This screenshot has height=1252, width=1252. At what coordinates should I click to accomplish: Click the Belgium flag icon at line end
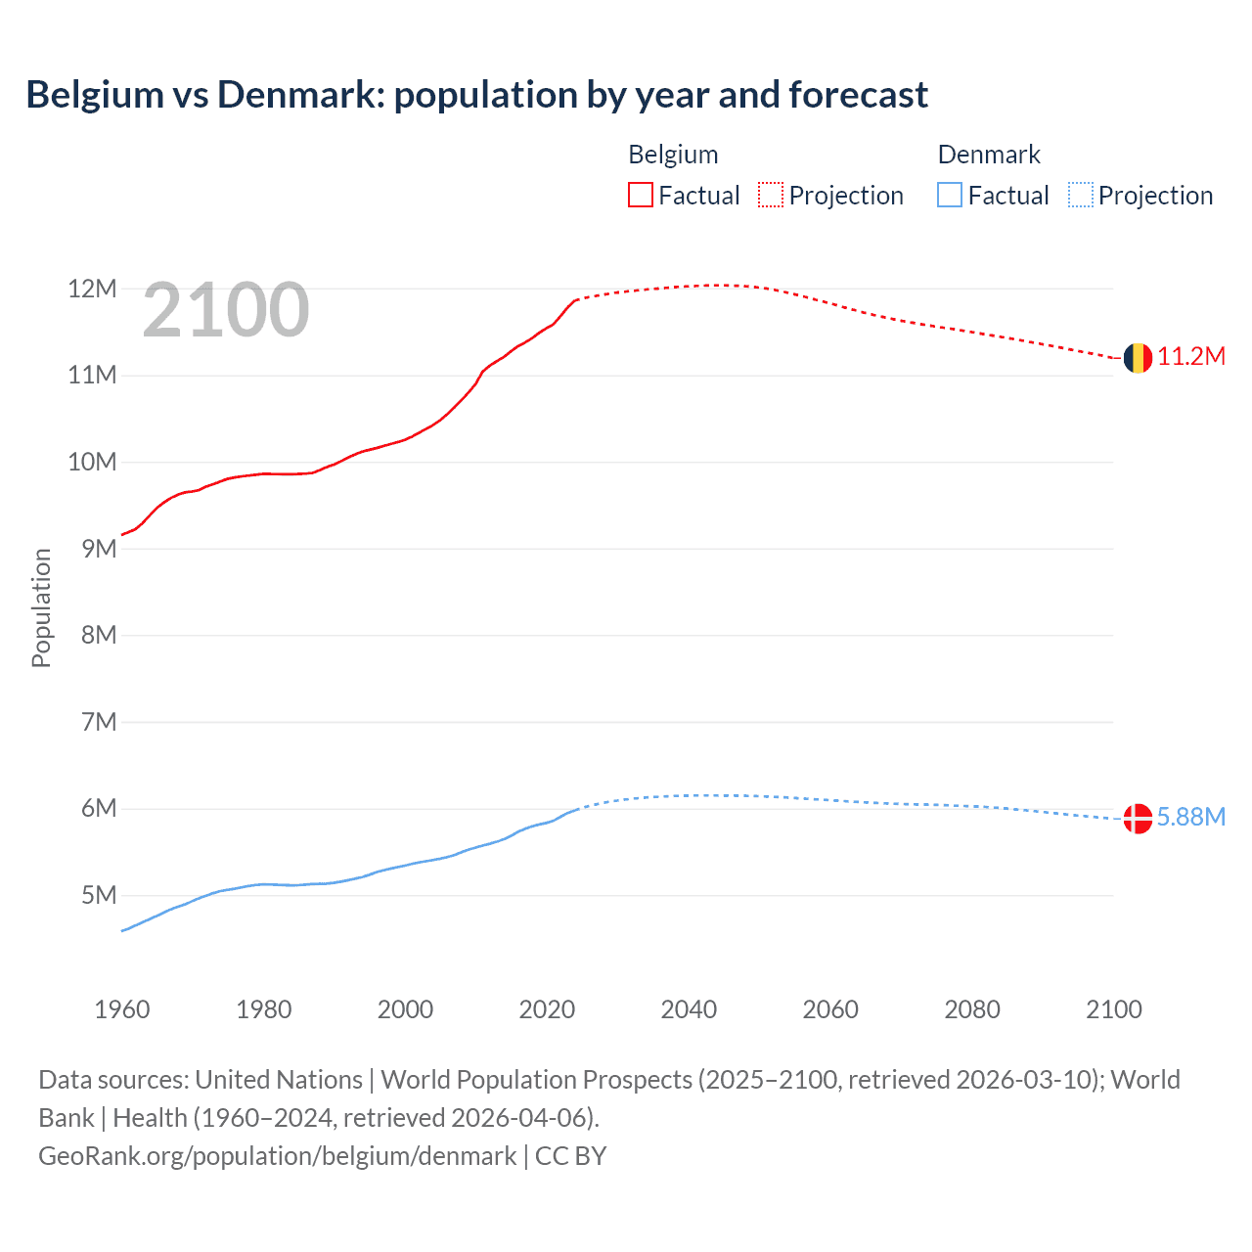pos(1138,358)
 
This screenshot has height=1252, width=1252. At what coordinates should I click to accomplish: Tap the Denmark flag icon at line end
pos(1138,818)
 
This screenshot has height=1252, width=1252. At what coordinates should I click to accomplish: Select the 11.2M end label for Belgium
pos(1191,357)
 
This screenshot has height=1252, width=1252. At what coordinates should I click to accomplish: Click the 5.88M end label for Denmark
pos(1191,818)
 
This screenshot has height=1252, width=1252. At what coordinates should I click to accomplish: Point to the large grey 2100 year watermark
pos(226,311)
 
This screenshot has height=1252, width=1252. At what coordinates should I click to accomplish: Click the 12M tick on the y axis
pos(92,290)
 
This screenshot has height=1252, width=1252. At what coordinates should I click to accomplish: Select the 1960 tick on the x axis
pos(122,1009)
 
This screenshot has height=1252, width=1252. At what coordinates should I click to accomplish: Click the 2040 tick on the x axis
pos(689,1009)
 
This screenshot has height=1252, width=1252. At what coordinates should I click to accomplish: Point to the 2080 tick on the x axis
pos(972,1009)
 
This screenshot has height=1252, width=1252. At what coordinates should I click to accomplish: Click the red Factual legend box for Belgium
pos(641,196)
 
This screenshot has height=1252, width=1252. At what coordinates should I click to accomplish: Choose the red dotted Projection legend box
pos(771,196)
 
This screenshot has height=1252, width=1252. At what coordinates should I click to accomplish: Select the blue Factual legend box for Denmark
pos(950,196)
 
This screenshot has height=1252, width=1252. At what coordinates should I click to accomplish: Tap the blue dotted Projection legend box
pos(1080,196)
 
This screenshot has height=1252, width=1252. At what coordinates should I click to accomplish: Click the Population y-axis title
pos(41,607)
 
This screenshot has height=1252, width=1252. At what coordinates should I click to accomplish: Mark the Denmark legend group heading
pos(989,155)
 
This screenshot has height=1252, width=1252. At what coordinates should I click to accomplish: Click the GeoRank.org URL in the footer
pos(277,1156)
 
